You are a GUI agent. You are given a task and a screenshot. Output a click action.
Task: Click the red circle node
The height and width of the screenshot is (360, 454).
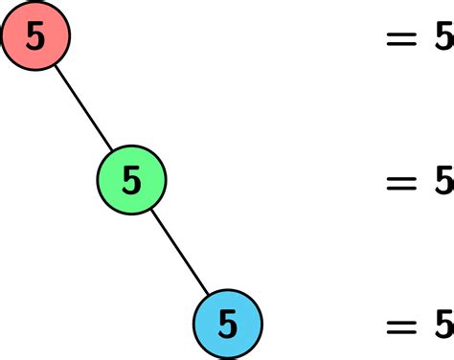pos(35,36)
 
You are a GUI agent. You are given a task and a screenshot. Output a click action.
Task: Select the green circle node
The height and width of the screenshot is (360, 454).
pos(132,179)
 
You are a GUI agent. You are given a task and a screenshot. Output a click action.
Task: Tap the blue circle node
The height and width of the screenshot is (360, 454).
pos(227,324)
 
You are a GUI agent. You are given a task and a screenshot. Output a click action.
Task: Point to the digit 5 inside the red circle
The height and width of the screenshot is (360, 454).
pos(35,36)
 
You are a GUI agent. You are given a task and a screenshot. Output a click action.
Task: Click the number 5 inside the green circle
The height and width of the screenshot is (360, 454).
pos(132,179)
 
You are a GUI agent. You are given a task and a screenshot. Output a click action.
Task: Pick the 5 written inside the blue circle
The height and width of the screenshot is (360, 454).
pos(227,324)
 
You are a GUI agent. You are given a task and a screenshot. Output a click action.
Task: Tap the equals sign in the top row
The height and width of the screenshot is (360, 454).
pos(401,37)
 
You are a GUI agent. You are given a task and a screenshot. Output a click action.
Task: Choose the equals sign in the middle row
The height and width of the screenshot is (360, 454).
pos(401,180)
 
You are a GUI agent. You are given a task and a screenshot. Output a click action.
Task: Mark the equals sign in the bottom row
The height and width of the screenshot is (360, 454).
pos(401,325)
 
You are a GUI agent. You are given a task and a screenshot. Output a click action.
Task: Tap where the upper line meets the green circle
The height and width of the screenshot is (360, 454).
pos(113,150)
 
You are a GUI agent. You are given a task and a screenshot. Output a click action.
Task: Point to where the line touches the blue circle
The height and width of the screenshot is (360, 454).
pos(208,294)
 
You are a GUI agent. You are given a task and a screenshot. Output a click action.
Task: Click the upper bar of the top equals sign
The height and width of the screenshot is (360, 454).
pos(401,32)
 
